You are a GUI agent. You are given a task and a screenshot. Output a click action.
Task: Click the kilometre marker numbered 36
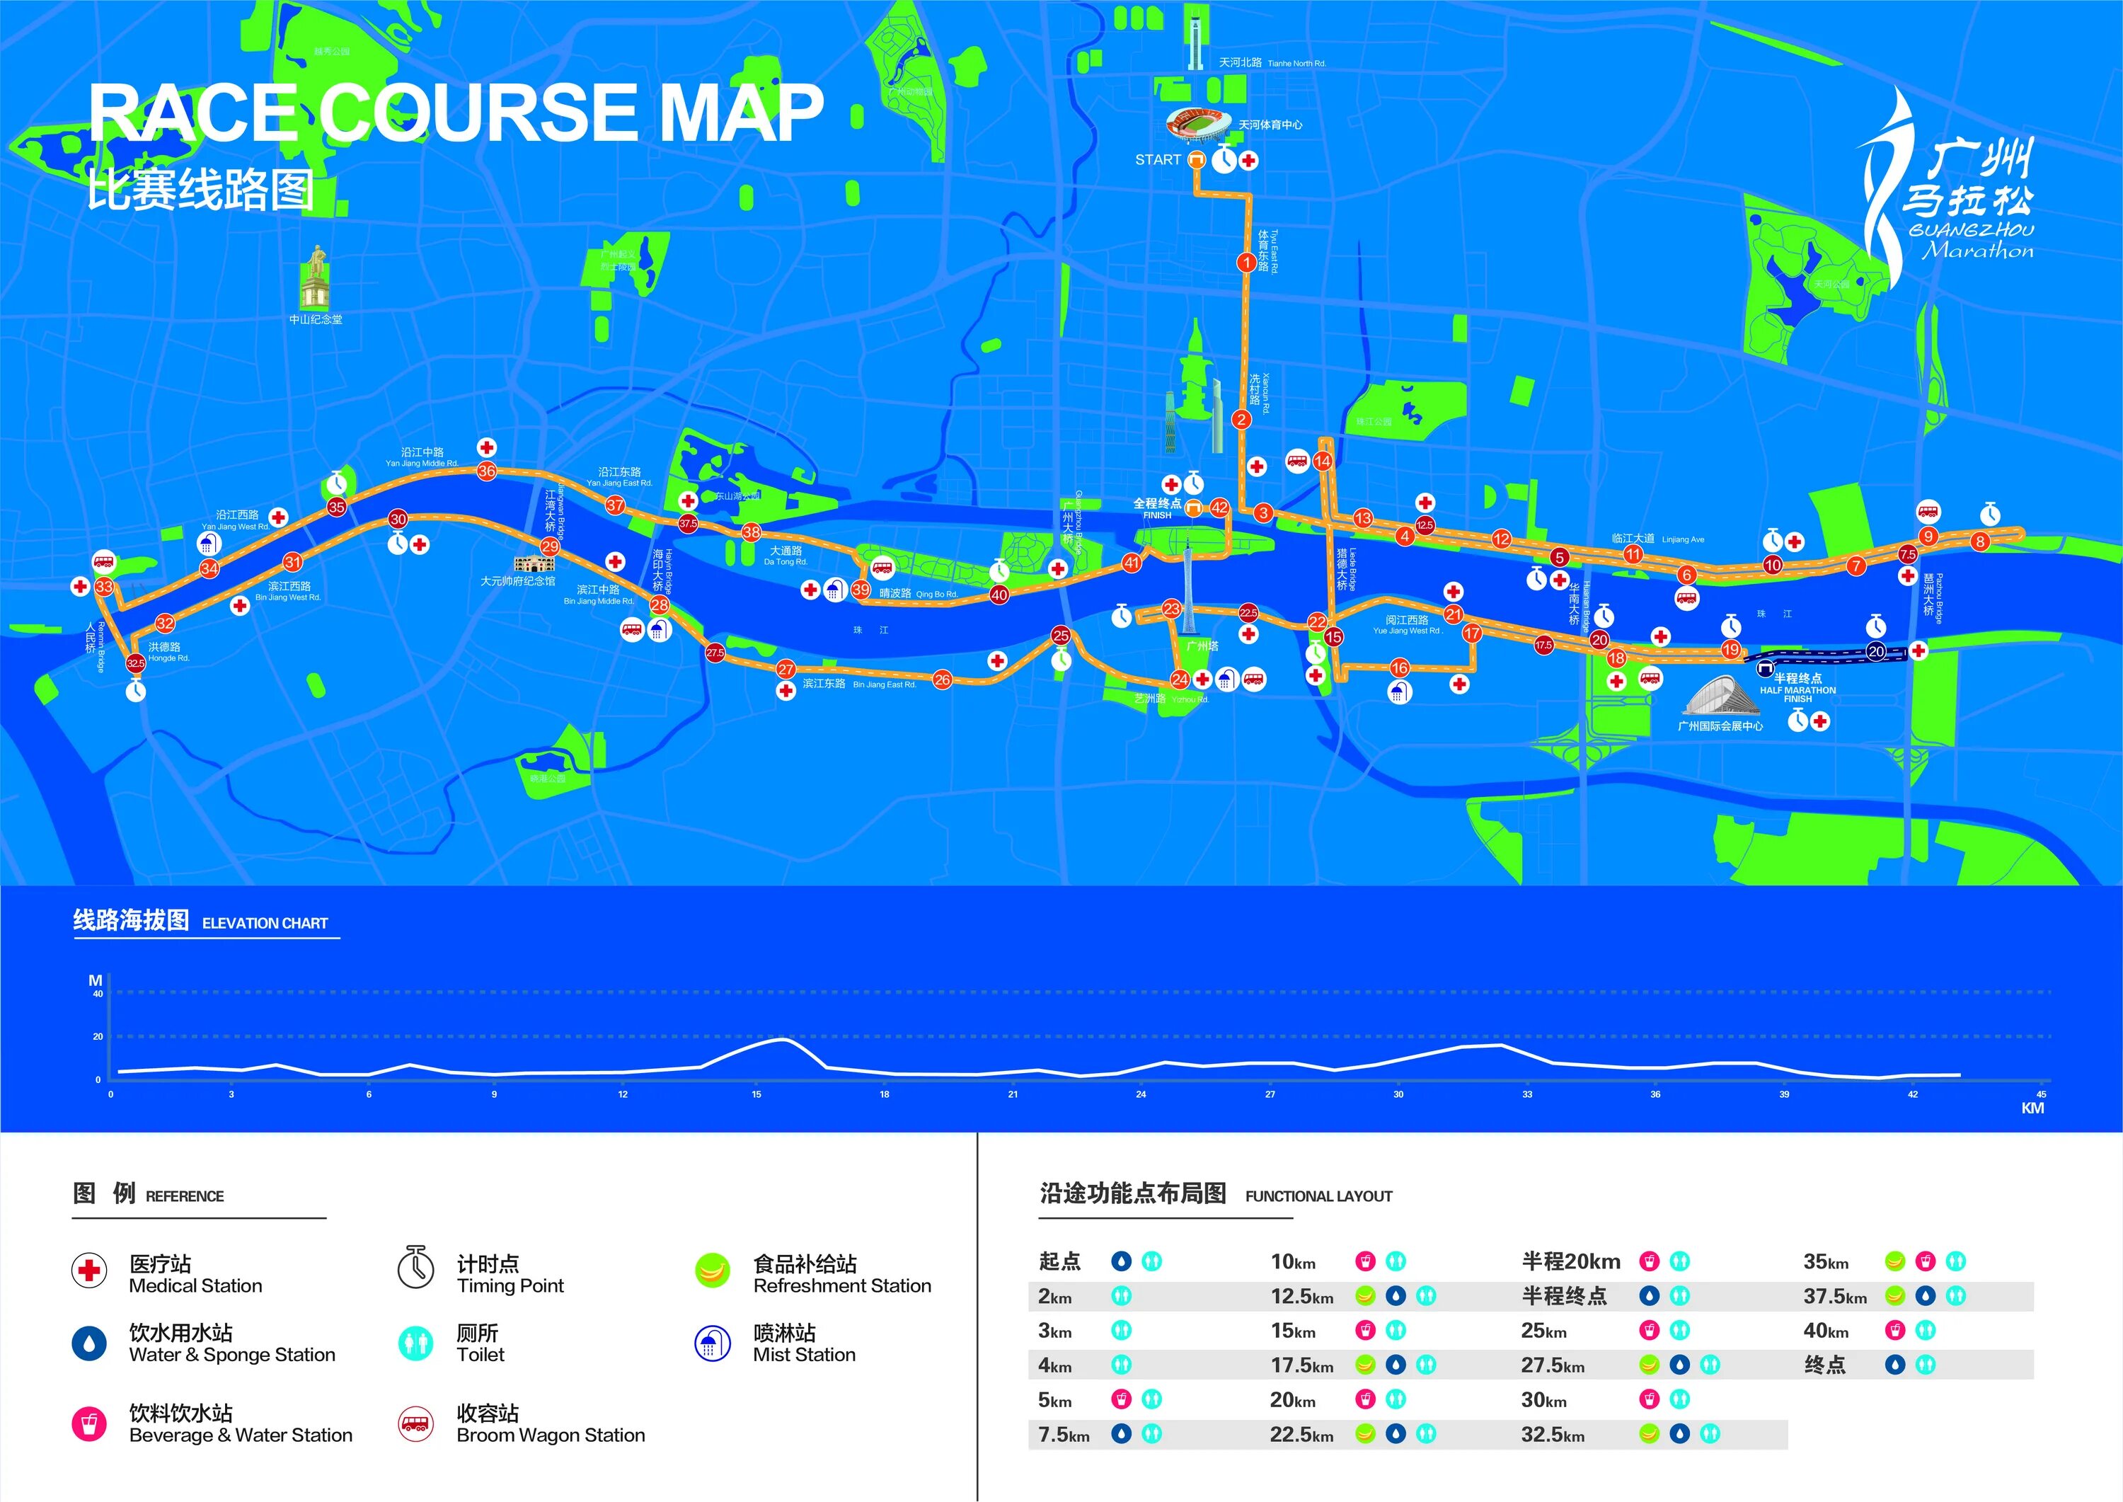[486, 471]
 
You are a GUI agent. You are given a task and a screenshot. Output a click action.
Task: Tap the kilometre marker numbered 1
[1245, 263]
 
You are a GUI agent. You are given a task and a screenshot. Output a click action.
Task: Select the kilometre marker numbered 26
[942, 679]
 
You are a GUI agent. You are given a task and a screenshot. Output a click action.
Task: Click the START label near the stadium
[1158, 160]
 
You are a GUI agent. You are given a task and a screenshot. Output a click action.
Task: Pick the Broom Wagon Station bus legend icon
[415, 1423]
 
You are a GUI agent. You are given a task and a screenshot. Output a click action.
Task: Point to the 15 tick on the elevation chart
[756, 1094]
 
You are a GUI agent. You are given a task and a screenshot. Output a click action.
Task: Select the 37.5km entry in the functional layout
[1834, 1297]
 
